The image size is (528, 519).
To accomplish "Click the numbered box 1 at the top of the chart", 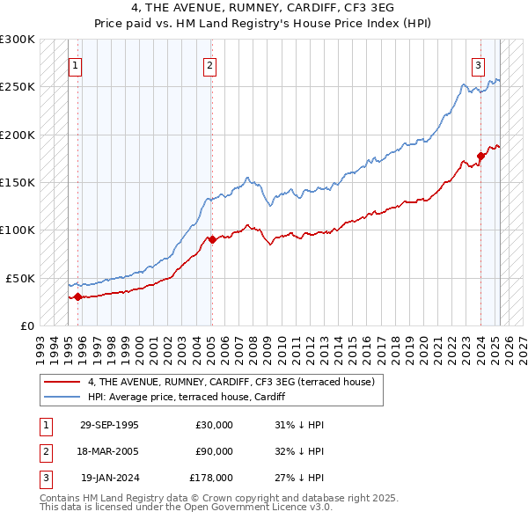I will point(75,64).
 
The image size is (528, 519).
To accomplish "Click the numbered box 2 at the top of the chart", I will point(210,64).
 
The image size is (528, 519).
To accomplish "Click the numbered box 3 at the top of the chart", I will point(478,64).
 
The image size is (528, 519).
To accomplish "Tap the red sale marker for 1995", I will point(77,296).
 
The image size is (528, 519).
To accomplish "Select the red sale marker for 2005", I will point(212,239).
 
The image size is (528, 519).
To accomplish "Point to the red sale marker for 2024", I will point(480,156).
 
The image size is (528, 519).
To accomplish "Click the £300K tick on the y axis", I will point(18,40).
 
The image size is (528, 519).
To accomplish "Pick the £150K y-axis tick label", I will point(18,182).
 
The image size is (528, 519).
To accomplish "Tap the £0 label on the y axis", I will point(26,325).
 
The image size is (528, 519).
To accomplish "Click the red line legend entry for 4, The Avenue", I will point(231,382).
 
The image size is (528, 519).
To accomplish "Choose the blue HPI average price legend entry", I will point(194,397).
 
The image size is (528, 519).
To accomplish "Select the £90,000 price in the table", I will point(214,451).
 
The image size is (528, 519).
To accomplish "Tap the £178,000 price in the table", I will point(211,478).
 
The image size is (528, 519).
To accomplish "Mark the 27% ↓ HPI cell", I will point(299,478).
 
